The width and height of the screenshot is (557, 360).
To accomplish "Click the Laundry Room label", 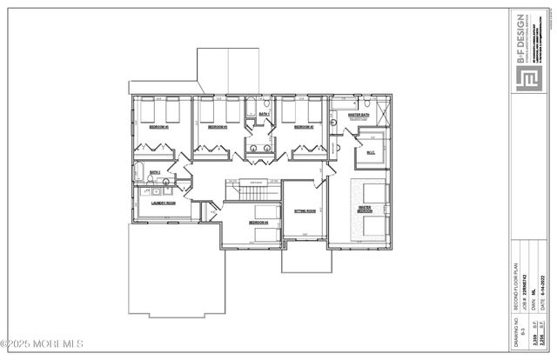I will tap(164, 203).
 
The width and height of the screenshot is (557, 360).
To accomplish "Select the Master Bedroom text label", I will tap(365, 210).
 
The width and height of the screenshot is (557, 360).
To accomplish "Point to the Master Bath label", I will tap(359, 115).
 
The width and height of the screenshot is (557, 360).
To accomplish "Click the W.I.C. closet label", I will tap(370, 154).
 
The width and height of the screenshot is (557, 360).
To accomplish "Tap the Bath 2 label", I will tap(155, 173).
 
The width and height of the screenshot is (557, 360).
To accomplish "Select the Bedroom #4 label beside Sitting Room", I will tap(259, 223).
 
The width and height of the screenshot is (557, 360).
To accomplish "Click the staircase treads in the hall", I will tap(252, 190).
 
